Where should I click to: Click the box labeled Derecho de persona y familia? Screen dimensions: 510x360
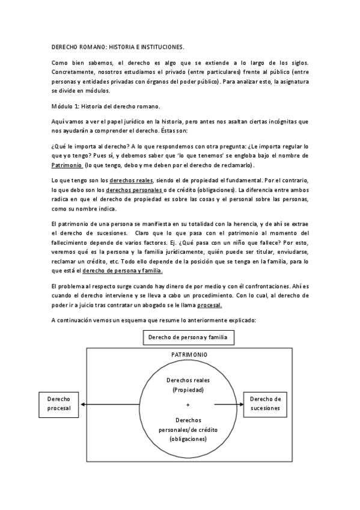tap(188, 337)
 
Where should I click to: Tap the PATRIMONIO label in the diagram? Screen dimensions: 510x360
tap(189, 355)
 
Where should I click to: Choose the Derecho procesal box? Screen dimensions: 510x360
tap(59, 404)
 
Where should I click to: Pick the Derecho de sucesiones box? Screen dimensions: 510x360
tap(265, 404)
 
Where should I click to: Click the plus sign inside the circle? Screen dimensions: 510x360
tap(188, 404)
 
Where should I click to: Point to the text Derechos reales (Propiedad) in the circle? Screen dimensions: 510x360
tap(188, 386)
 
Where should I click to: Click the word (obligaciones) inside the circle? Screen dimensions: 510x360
tap(188, 439)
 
